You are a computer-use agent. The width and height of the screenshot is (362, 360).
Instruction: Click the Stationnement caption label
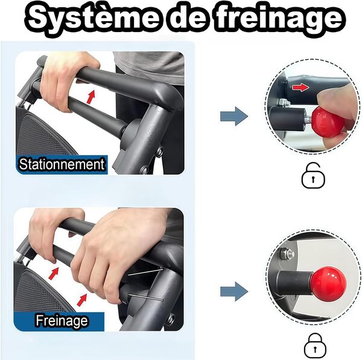[x=62, y=164]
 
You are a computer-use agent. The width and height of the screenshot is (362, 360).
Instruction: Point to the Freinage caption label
[x=62, y=320]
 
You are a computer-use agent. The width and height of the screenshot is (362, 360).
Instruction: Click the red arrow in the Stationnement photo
[x=91, y=95]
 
